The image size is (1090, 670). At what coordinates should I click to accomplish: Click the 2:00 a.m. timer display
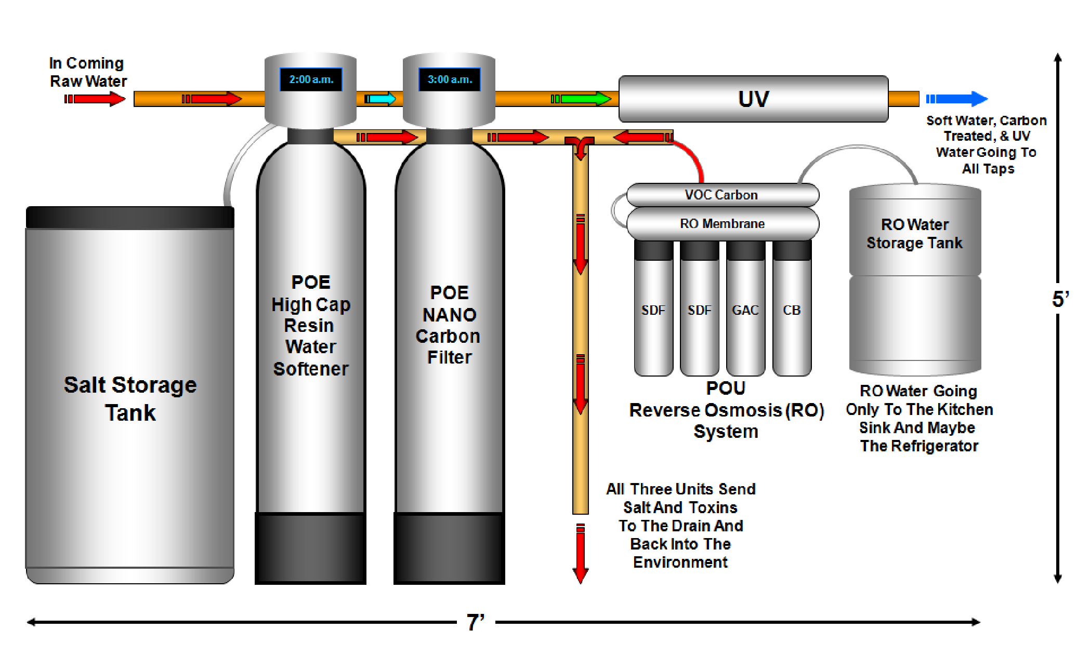(311, 79)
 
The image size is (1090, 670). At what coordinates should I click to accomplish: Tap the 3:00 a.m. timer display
(450, 79)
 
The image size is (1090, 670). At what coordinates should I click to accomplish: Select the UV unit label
(753, 99)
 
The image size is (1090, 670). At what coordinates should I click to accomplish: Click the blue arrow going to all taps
(956, 99)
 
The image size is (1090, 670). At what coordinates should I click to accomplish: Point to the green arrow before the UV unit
(581, 99)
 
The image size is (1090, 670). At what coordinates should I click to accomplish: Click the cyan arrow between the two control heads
(380, 99)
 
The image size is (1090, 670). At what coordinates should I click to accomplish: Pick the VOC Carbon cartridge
(723, 195)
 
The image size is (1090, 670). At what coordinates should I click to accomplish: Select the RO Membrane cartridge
(723, 223)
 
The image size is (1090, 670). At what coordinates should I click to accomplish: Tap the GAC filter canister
(745, 309)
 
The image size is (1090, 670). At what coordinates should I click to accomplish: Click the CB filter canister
(792, 309)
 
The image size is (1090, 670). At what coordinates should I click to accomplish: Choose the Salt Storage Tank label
(130, 399)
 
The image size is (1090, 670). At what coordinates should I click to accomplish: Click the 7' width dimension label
(476, 622)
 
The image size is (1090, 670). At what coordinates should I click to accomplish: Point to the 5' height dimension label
(1060, 299)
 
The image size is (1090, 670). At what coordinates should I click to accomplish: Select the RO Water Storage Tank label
(915, 234)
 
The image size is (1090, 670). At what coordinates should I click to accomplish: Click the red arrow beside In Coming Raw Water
(95, 99)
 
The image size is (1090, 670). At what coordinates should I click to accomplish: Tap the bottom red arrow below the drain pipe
(581, 554)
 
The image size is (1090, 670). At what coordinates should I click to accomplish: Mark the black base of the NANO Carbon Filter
(449, 548)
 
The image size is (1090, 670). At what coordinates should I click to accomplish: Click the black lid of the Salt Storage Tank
(130, 217)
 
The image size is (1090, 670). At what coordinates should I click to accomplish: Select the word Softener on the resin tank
(311, 369)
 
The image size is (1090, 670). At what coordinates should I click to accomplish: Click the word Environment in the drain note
(680, 562)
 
